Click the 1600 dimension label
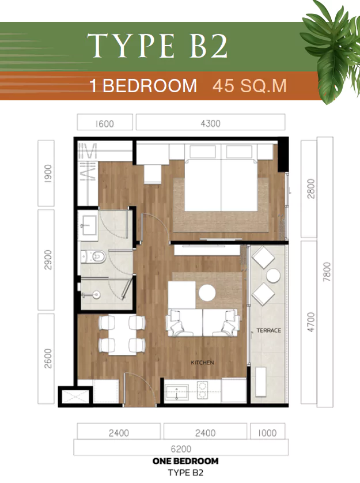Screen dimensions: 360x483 point(105,124)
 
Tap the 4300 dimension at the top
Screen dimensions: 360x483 point(210,123)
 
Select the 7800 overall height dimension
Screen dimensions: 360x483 point(327,271)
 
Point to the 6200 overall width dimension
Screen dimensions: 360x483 point(181,449)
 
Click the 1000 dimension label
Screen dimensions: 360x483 point(267,433)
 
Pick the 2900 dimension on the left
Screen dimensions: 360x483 point(48,260)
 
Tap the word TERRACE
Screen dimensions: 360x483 point(269,330)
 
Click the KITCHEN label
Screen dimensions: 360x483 point(202,363)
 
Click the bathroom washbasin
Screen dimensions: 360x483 point(88,225)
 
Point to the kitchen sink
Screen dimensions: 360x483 point(177,392)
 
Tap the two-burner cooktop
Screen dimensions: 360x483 point(203,390)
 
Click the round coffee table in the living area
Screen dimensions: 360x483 point(207,292)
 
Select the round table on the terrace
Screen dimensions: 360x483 point(273,276)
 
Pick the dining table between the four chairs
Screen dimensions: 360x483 point(122,335)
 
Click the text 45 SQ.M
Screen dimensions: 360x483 point(250,86)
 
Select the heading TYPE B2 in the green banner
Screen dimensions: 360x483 point(157,46)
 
